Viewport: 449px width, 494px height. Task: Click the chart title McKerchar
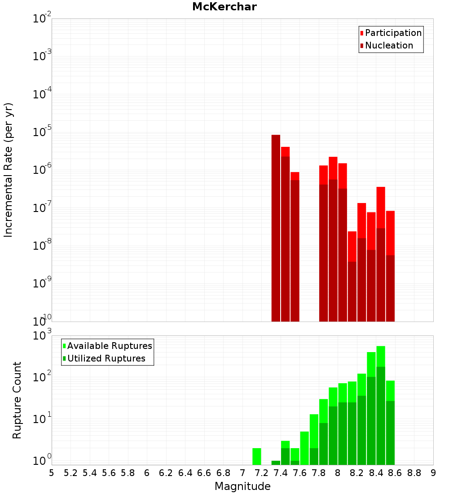224,7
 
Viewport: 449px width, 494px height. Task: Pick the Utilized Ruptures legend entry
106,358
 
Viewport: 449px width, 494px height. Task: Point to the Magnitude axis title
242,486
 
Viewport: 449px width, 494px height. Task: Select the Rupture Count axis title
17,400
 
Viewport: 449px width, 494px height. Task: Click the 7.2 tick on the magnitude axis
261,473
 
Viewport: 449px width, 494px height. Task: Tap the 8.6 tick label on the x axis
395,473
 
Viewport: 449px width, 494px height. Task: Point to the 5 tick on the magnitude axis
52,473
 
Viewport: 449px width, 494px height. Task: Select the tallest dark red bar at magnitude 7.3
276,225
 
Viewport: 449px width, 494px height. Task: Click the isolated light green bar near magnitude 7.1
257,456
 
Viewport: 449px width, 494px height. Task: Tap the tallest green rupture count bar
381,404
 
